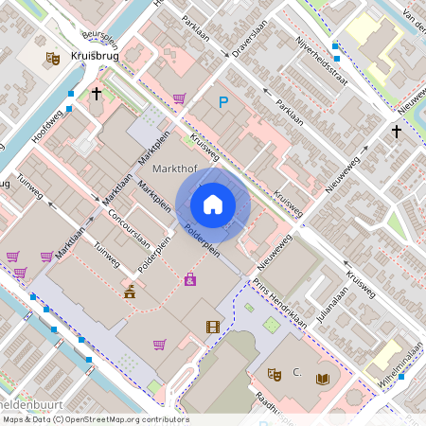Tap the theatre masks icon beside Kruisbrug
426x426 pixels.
pyautogui.click(x=53, y=58)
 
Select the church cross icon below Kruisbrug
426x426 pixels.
pyautogui.click(x=97, y=94)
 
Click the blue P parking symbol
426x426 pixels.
pyautogui.click(x=224, y=102)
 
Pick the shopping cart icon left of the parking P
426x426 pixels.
pyautogui.click(x=179, y=98)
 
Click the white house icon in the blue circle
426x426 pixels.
pyautogui.click(x=213, y=204)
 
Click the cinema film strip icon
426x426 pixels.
pyautogui.click(x=212, y=327)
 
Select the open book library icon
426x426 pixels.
pyautogui.click(x=323, y=378)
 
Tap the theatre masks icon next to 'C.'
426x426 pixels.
pyautogui.click(x=275, y=373)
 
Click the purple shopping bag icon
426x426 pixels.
pyautogui.click(x=190, y=279)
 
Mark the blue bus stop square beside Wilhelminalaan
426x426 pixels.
pyautogui.click(x=402, y=376)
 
